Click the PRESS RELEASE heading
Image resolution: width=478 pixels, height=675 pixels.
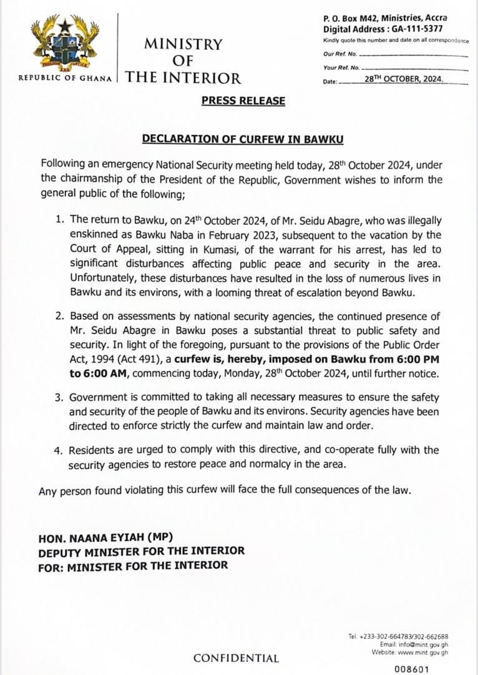pos(243,101)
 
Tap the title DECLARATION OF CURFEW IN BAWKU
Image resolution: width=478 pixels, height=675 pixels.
pos(243,138)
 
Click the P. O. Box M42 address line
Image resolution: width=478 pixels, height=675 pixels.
pos(385,19)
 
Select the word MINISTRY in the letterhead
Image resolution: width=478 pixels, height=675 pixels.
pos(183,44)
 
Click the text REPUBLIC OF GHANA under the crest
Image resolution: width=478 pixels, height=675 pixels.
pos(65,79)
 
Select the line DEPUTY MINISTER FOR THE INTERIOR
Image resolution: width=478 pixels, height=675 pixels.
pos(141,551)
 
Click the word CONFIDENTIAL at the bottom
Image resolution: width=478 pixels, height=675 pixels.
pos(236,658)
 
